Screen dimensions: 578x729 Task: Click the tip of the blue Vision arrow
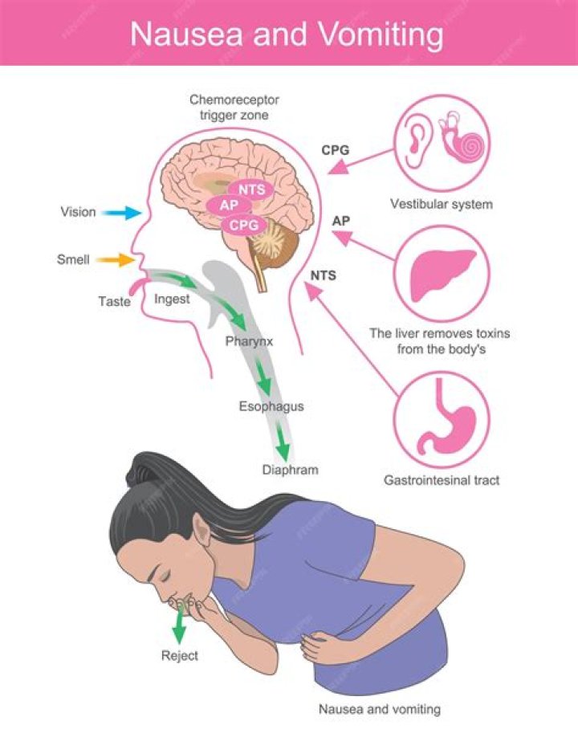(x=141, y=213)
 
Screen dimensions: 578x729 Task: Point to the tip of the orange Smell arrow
(x=136, y=260)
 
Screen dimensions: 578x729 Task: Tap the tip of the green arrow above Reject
(x=178, y=645)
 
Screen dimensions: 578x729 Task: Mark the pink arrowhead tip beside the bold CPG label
(x=328, y=173)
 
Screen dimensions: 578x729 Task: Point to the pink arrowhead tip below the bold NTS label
(x=305, y=285)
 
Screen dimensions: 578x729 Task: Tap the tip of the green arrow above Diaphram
(x=283, y=462)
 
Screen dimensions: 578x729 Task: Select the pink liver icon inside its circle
(x=442, y=275)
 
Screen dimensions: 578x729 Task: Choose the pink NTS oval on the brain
(x=251, y=189)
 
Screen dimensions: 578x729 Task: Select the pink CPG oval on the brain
(x=244, y=226)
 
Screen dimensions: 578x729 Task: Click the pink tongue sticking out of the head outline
(x=137, y=286)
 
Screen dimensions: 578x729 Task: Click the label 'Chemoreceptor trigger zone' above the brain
(x=234, y=108)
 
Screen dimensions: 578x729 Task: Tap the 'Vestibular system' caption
(x=442, y=204)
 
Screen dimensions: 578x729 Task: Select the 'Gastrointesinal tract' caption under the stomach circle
(x=442, y=480)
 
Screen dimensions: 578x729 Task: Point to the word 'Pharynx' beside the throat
(x=249, y=342)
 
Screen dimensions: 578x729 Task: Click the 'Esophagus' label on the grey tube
(x=271, y=407)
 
